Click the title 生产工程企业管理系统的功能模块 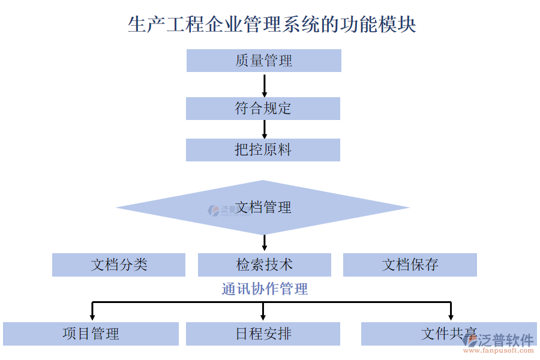pos(272,25)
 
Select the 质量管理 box pos(263,61)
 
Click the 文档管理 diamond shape pos(263,208)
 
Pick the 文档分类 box pos(119,265)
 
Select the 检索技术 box pos(264,265)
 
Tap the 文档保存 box pos(410,265)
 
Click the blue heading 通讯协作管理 pos(265,289)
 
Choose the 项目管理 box pos(91,334)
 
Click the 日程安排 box pos(263,334)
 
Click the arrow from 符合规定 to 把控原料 pos(264,129)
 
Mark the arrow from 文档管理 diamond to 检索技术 pos(264,243)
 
